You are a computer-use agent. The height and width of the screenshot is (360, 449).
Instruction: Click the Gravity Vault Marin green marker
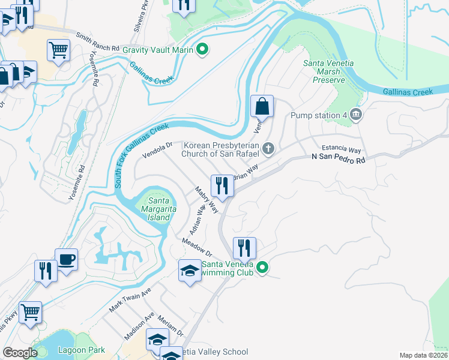[203, 50]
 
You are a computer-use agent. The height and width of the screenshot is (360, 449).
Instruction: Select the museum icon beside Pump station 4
[356, 115]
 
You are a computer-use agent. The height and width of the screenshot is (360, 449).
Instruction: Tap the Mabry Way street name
[206, 199]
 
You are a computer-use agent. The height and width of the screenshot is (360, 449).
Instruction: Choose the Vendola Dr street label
[157, 149]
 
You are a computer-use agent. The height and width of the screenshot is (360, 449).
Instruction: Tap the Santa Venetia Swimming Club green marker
[262, 268]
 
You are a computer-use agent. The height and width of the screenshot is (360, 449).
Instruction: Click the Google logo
[20, 353]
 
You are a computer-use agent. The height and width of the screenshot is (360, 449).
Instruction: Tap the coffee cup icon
[67, 260]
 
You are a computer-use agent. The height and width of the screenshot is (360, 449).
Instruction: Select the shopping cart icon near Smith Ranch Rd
[58, 50]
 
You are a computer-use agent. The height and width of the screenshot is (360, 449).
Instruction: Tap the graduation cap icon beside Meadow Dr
[190, 270]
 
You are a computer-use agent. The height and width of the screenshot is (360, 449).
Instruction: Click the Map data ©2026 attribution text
[423, 355]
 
